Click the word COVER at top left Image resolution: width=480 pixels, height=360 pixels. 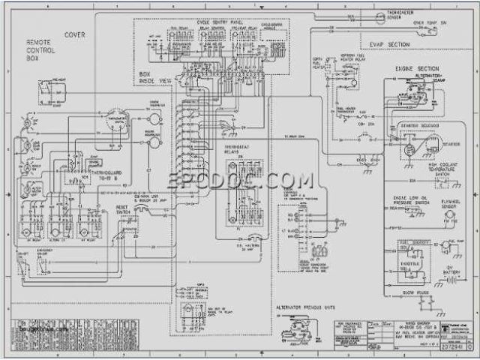click(x=74, y=35)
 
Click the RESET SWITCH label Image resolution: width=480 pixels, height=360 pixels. click(x=122, y=208)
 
